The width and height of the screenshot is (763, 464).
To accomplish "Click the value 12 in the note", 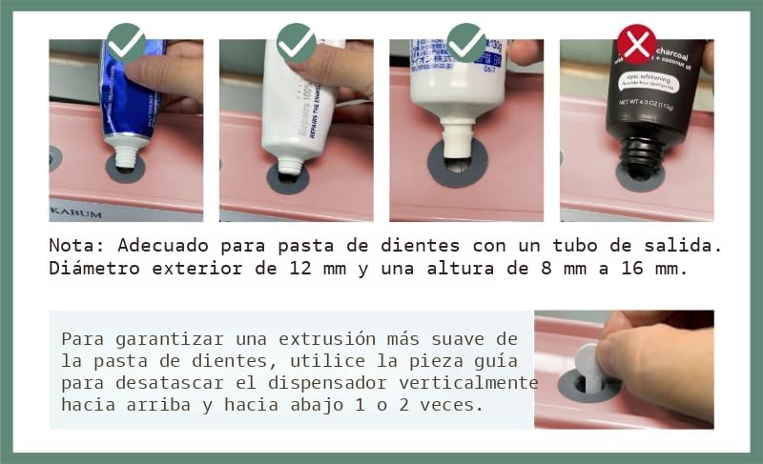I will tap(299, 269).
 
